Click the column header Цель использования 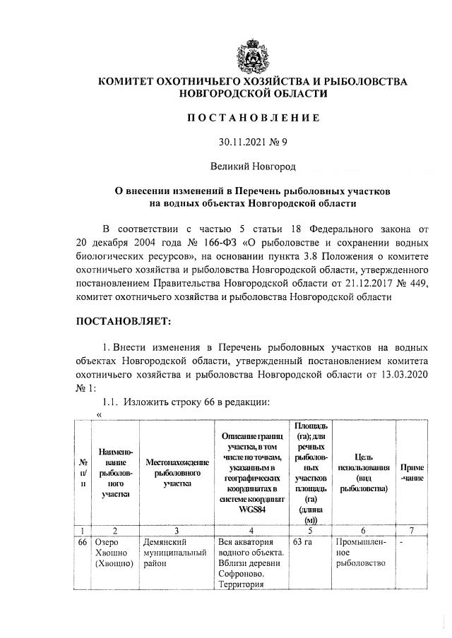tap(364, 472)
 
